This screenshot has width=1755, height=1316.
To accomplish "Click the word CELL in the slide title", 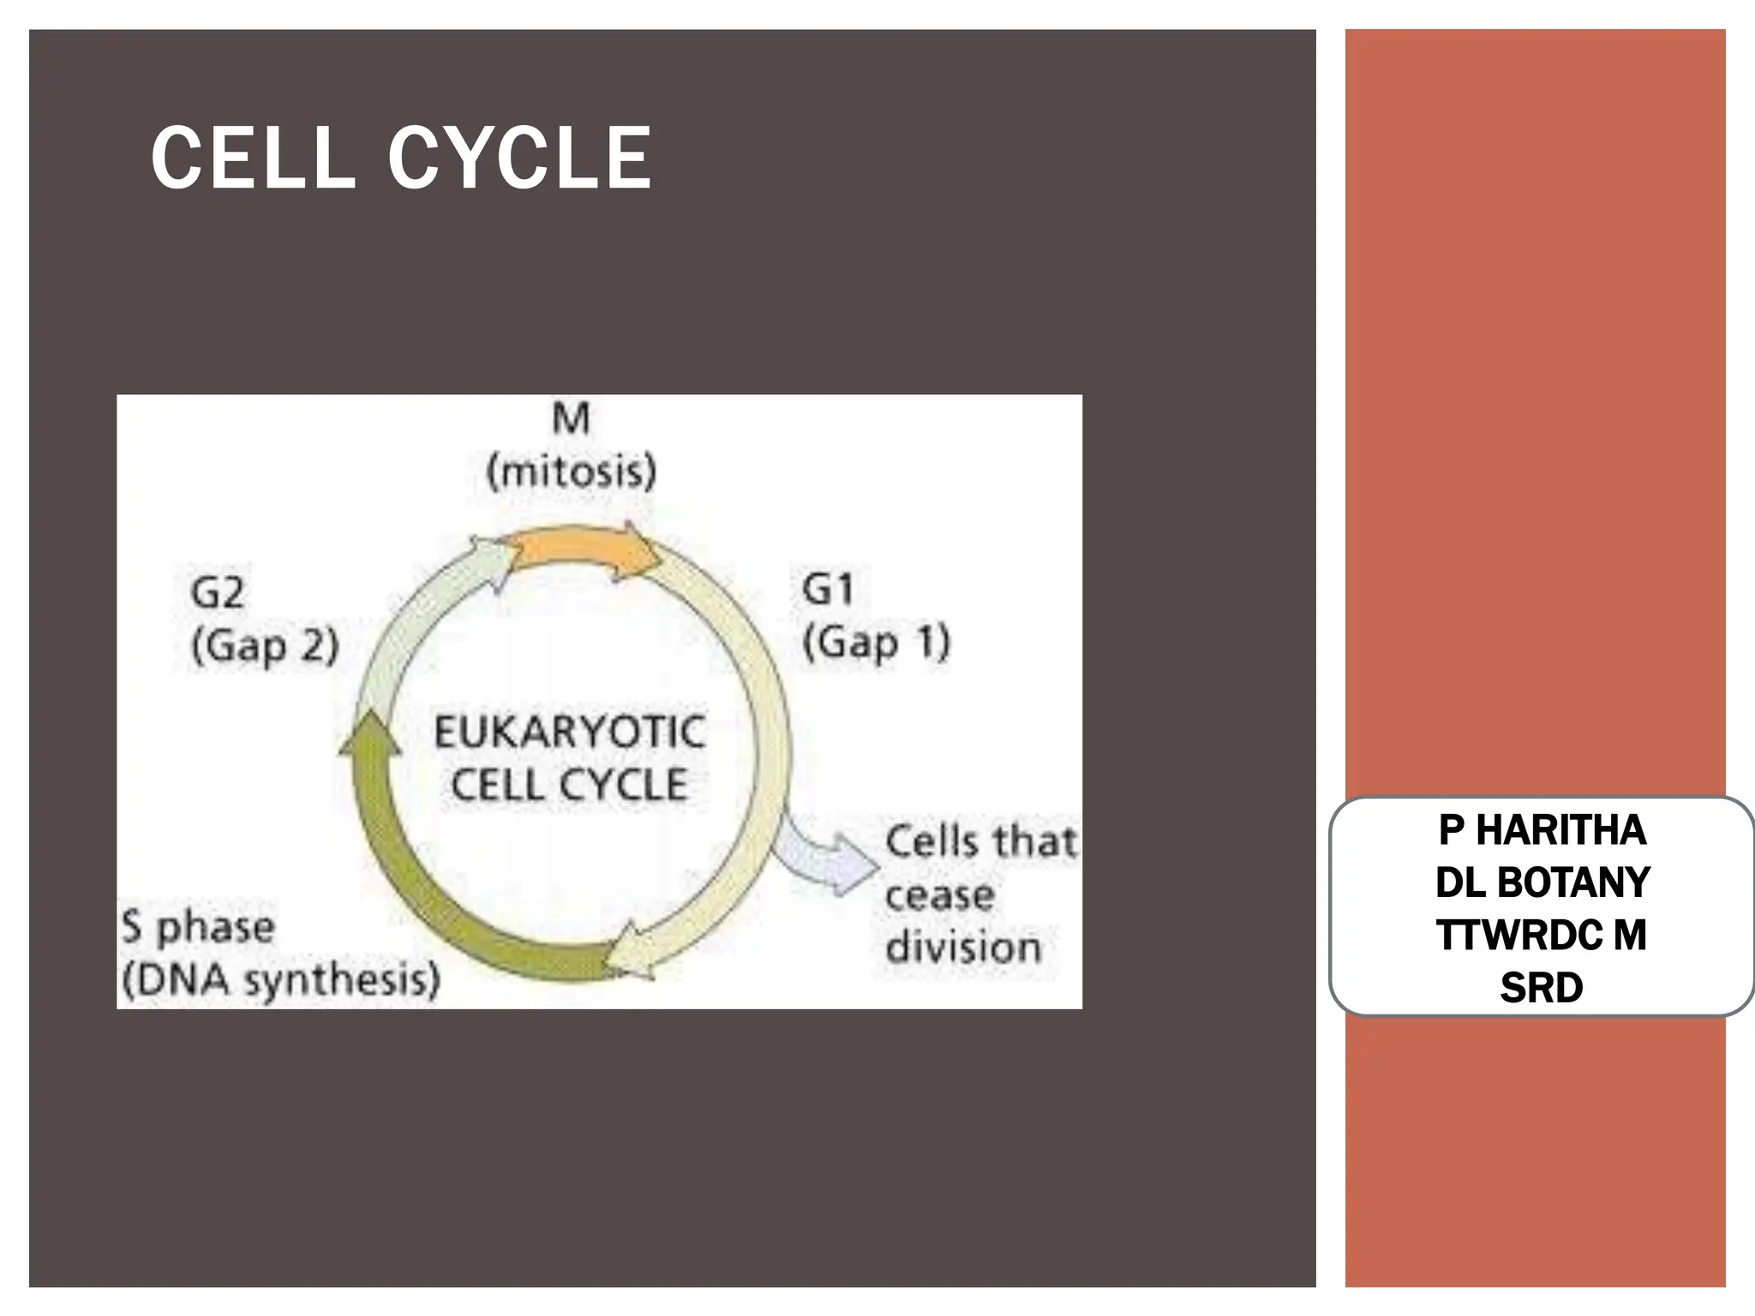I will pyautogui.click(x=253, y=159).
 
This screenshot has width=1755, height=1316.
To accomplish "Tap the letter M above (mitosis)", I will pyautogui.click(x=571, y=419).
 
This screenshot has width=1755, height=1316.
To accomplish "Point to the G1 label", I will pyautogui.click(x=828, y=589).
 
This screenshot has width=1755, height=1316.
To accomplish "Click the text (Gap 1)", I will pyautogui.click(x=876, y=643).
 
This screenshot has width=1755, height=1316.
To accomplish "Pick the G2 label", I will pyautogui.click(x=218, y=592).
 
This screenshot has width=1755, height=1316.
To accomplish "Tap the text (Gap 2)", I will pyautogui.click(x=265, y=646).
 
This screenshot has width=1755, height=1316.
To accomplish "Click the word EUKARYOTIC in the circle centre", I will pyautogui.click(x=570, y=733).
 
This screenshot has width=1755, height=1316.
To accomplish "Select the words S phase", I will pyautogui.click(x=198, y=928).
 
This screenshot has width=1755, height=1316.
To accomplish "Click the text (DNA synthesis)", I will pyautogui.click(x=281, y=980).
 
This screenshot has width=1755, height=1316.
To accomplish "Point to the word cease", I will pyautogui.click(x=939, y=896).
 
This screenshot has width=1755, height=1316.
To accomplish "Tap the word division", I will pyautogui.click(x=963, y=948).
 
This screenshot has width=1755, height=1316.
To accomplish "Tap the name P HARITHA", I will pyautogui.click(x=1542, y=830).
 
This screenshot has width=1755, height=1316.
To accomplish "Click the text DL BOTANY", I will pyautogui.click(x=1542, y=882).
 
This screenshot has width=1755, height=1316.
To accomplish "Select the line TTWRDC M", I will pyautogui.click(x=1542, y=935).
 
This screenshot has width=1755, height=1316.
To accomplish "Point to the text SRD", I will pyautogui.click(x=1542, y=988).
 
